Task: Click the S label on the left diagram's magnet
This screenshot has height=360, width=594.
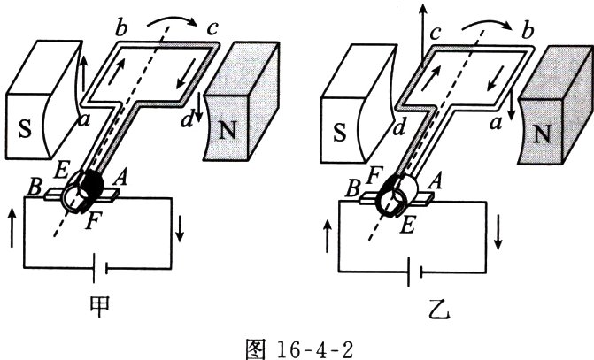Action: click(x=25, y=129)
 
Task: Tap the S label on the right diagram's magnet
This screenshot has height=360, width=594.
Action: click(x=339, y=133)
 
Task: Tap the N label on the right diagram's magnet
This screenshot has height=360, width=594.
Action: click(x=542, y=134)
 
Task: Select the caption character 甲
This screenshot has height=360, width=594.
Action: click(x=100, y=306)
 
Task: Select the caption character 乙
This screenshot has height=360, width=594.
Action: click(x=439, y=310)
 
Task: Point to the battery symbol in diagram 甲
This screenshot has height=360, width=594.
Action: click(x=100, y=268)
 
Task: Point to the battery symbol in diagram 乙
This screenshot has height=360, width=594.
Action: click(x=415, y=272)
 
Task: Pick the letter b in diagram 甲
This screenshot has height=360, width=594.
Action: click(x=120, y=28)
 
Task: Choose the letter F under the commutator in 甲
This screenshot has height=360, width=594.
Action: click(x=93, y=222)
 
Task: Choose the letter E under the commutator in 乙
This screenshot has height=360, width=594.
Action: click(x=407, y=226)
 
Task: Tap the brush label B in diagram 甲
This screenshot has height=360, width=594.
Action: click(x=35, y=187)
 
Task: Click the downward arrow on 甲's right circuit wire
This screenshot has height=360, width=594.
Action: click(x=180, y=228)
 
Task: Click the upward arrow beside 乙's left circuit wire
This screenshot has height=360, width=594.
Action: click(x=328, y=237)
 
